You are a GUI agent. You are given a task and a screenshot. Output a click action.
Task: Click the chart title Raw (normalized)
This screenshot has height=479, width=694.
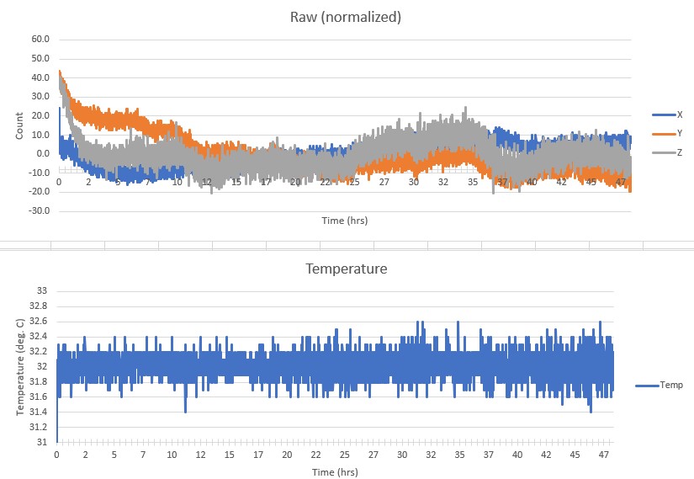click(347, 16)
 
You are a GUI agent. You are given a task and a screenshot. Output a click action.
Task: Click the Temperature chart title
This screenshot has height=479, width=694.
click(347, 270)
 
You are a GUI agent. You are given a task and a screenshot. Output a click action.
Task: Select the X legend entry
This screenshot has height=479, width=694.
click(674, 114)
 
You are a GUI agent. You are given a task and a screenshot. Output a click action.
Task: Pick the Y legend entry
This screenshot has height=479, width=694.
click(674, 134)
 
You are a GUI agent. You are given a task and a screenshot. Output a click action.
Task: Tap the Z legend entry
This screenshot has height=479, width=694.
click(674, 152)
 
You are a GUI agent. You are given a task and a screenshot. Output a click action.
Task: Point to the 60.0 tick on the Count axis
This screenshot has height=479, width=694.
click(40, 40)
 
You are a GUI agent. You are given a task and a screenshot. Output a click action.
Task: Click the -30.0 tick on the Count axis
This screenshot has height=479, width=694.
click(40, 210)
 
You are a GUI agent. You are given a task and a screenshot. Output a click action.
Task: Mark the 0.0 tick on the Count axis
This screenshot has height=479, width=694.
click(43, 153)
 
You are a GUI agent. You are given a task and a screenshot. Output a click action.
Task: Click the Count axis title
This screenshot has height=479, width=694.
click(19, 125)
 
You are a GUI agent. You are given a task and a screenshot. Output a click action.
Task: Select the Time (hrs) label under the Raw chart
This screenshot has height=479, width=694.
click(345, 221)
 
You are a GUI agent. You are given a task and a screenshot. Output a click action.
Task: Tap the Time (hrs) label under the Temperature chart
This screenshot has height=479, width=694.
click(335, 471)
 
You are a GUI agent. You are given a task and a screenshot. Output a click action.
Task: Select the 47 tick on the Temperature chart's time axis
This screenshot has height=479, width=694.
click(602, 455)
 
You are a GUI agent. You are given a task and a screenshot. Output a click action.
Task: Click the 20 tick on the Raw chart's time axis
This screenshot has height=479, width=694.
click(295, 182)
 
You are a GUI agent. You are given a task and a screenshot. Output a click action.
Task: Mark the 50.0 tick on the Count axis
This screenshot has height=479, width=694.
click(40, 59)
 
